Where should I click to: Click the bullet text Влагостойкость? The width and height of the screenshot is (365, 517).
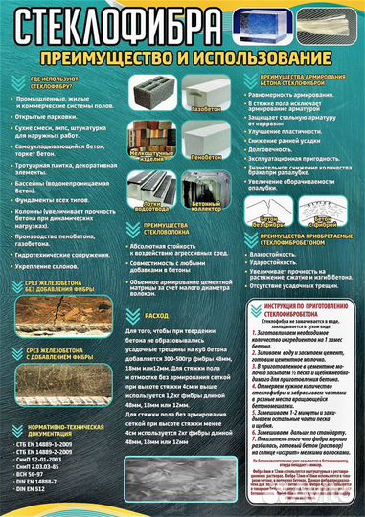click(278, 256)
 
